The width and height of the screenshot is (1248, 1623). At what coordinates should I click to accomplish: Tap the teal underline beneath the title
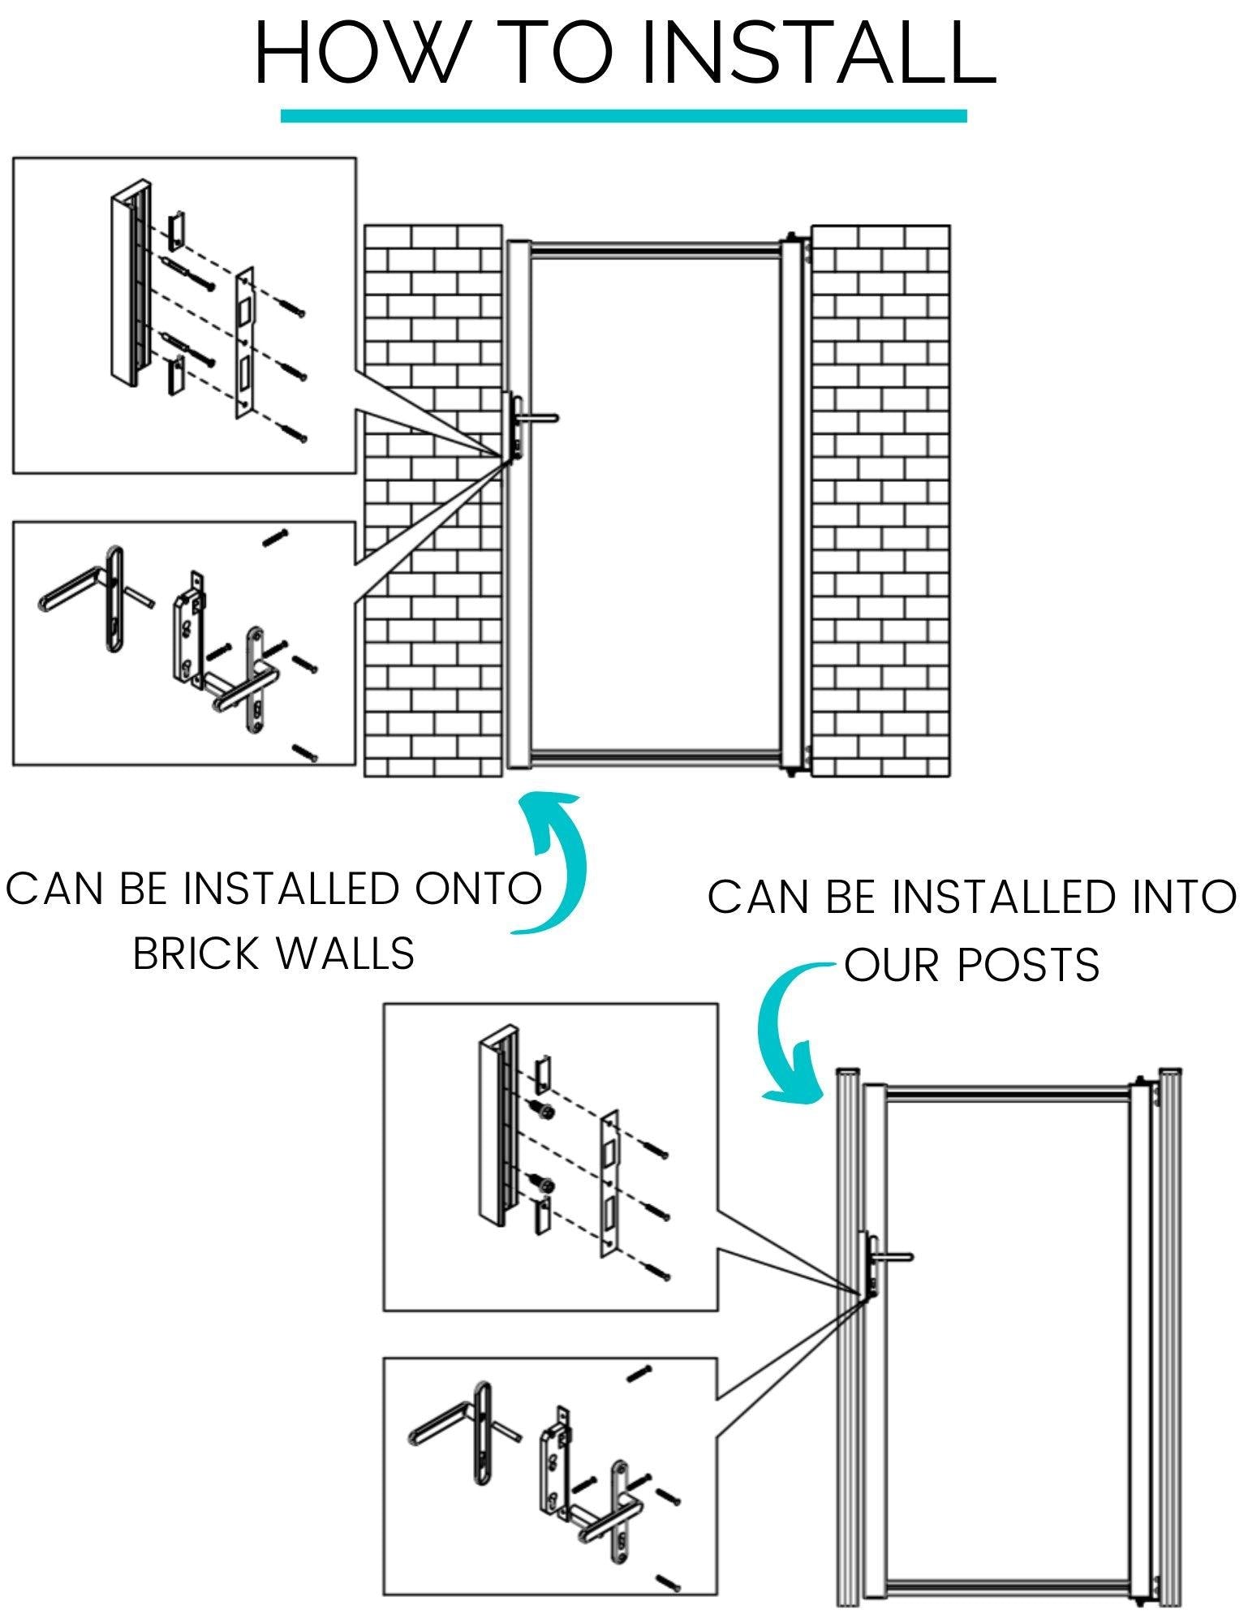623,116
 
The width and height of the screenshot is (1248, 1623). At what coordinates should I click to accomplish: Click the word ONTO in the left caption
478,889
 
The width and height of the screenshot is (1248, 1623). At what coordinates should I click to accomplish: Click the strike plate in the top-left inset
244,345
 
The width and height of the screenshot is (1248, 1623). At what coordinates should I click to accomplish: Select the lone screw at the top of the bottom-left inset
276,537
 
